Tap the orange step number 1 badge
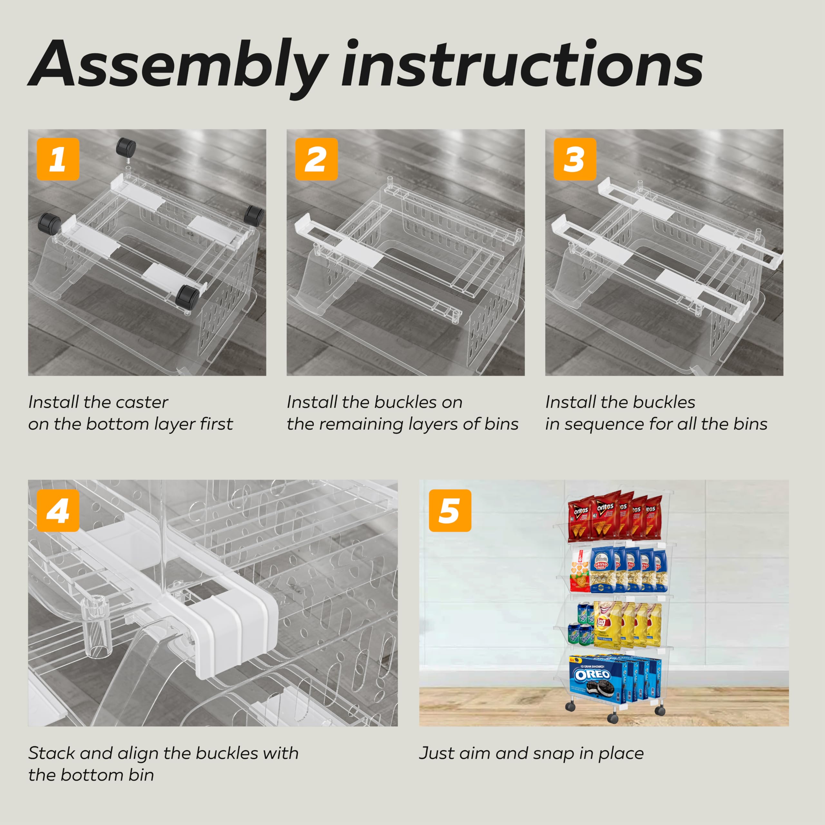click(x=58, y=159)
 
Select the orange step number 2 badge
click(x=316, y=159)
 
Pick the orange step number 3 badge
click(x=575, y=159)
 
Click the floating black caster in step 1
click(x=126, y=147)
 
